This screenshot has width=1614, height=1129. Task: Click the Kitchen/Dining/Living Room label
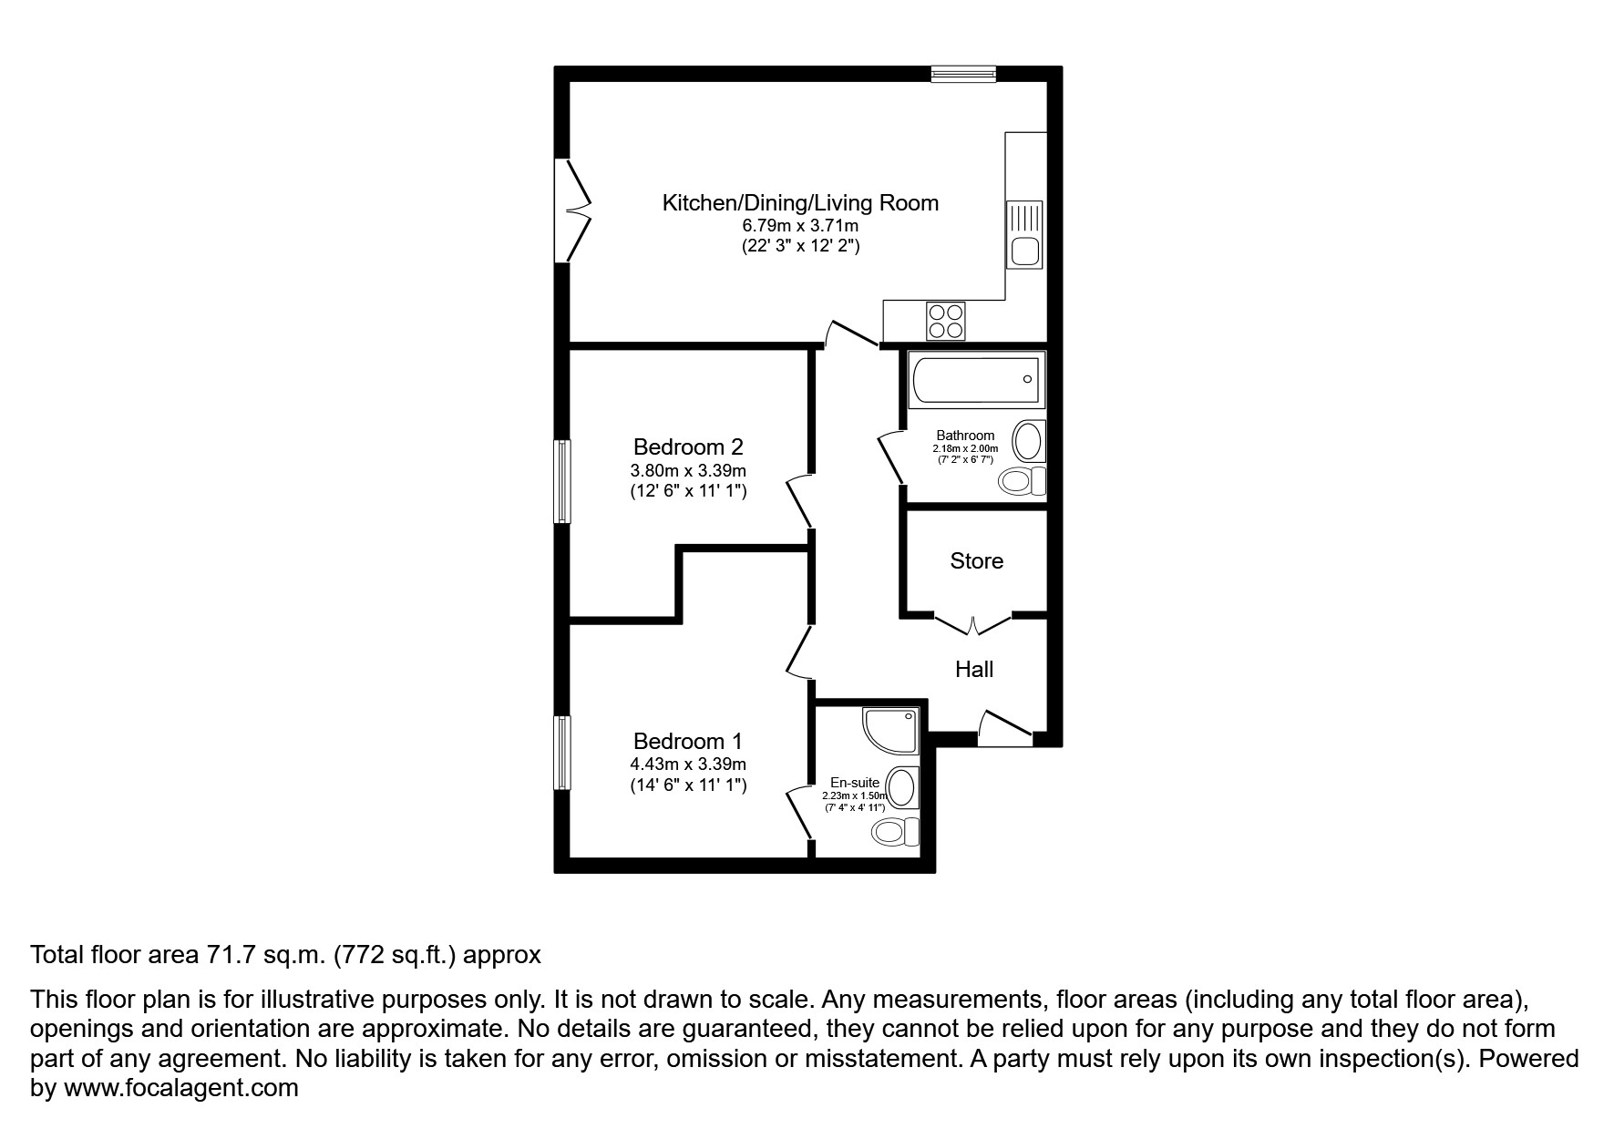pos(799,202)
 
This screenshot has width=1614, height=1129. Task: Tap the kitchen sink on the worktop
pos(1024,234)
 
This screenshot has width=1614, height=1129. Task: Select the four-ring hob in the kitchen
pos(945,320)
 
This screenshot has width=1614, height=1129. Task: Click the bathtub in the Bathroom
pos(976,379)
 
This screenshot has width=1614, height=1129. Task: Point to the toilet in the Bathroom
pos(1023,479)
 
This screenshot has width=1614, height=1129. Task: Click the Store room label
pos(976,560)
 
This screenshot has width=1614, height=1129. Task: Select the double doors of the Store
pos(973,625)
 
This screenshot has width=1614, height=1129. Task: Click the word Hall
pos(973,669)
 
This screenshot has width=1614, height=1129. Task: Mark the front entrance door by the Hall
pos(1004,729)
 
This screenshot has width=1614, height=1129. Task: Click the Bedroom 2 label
pos(688,446)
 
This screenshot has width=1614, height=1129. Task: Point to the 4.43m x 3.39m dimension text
pos(688,764)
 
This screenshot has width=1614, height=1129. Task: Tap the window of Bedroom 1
pos(563,753)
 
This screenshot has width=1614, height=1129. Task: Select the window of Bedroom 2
pos(563,481)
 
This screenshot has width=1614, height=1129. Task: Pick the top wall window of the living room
pos(963,74)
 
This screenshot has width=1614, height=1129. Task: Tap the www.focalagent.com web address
pos(180,1088)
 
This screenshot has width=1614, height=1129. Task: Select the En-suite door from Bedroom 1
pos(799,812)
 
